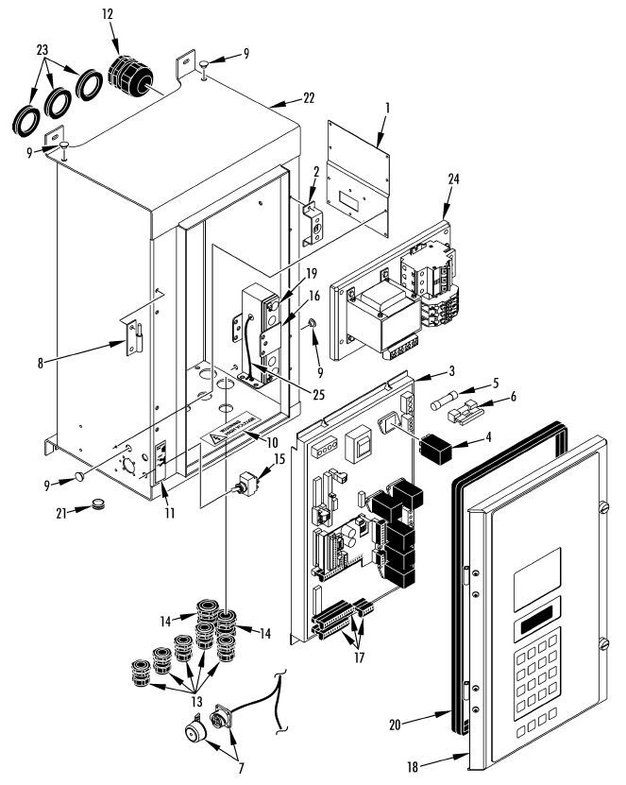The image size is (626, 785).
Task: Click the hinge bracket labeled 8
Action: point(132,335)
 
